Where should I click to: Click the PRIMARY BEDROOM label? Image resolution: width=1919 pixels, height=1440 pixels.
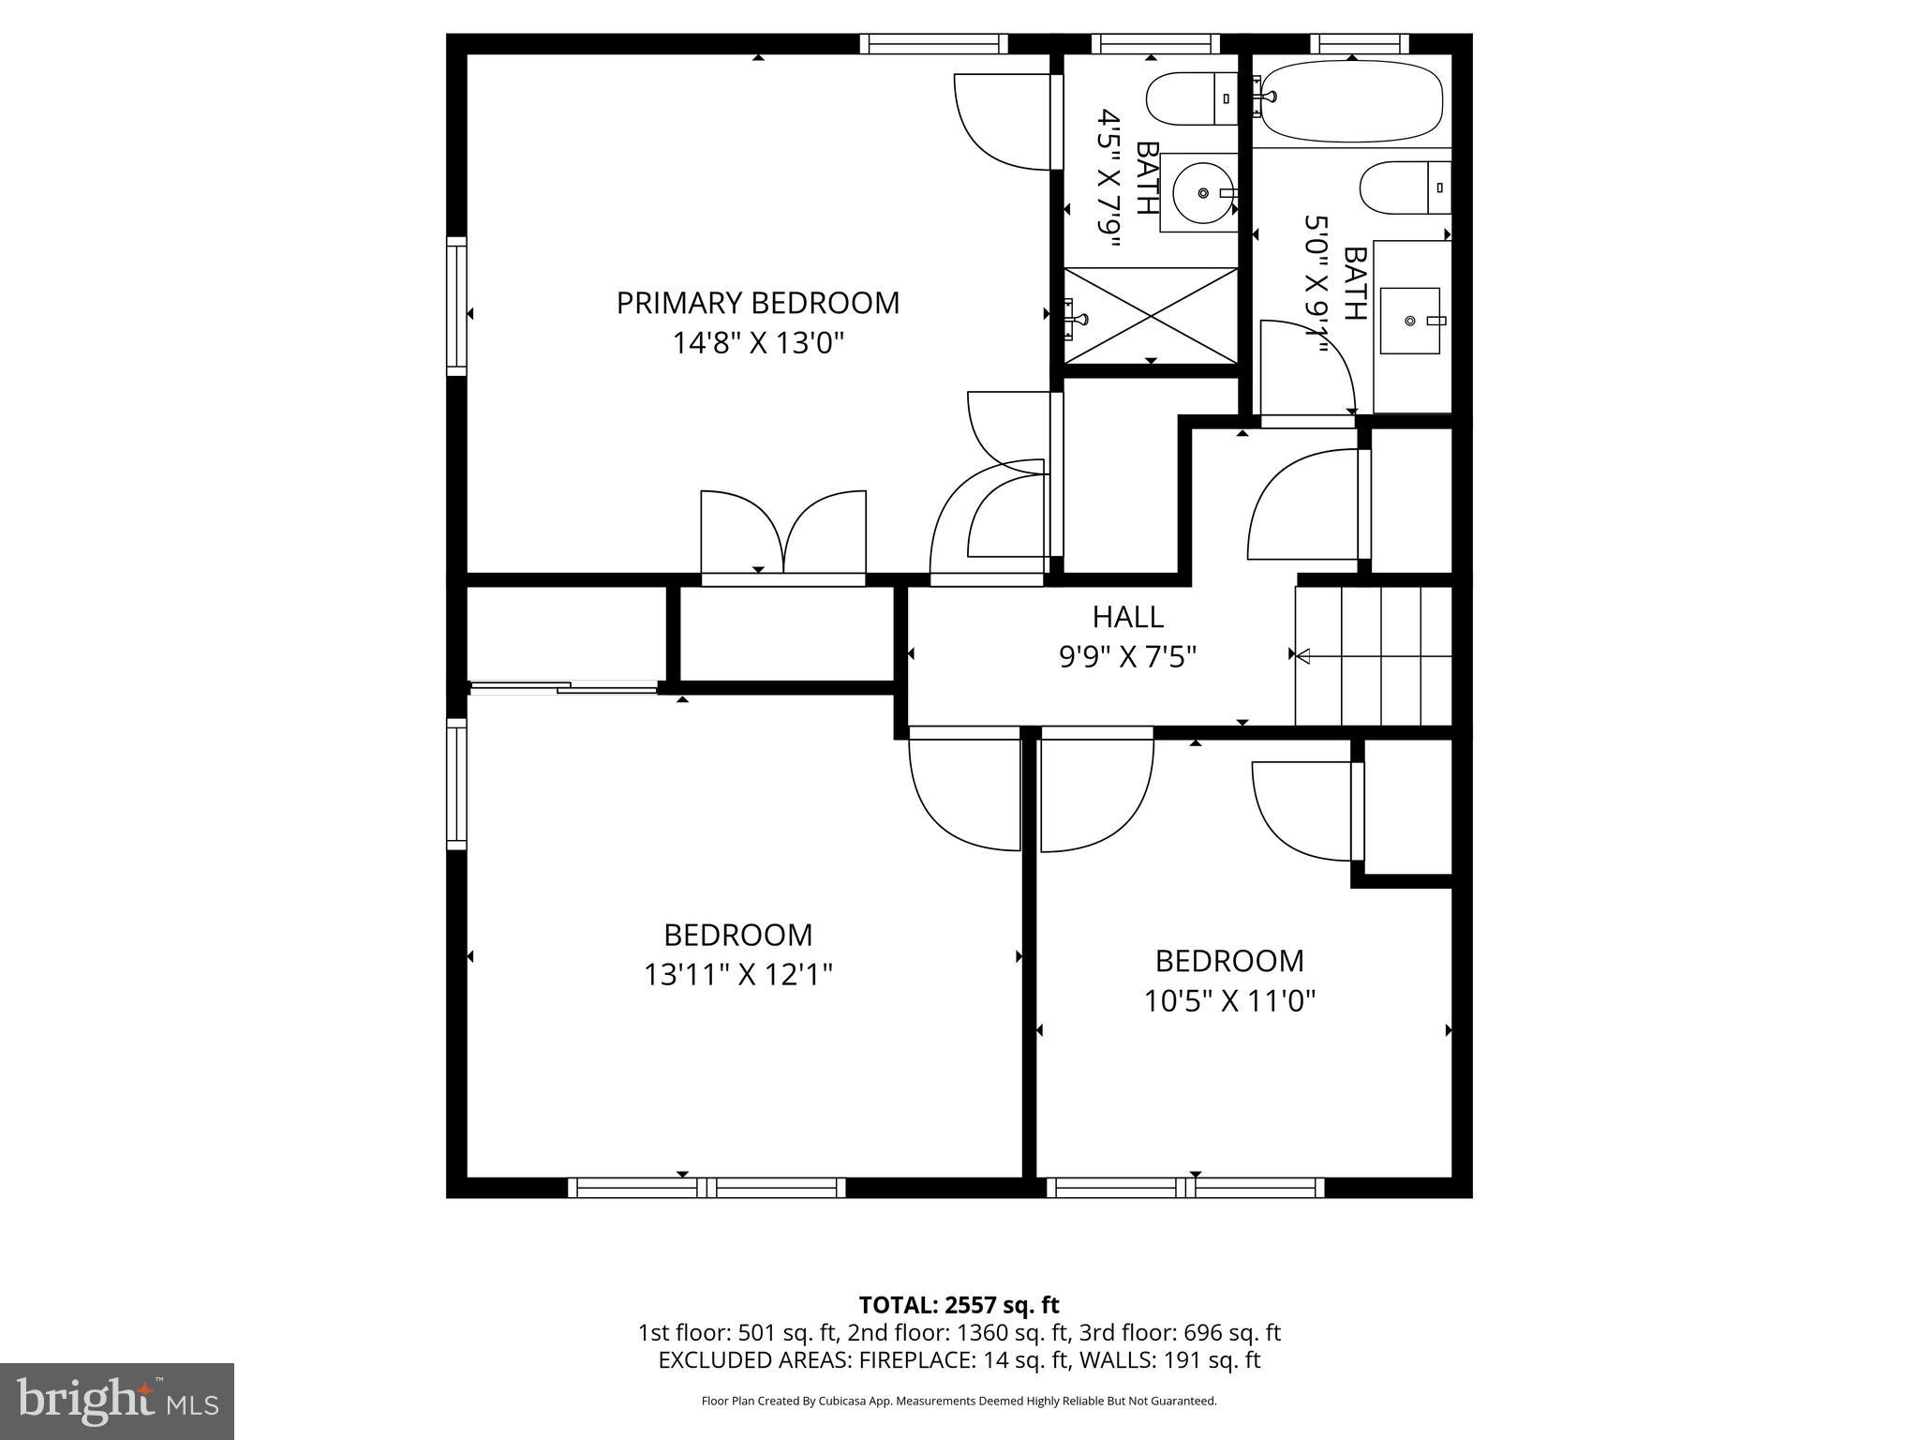point(757,303)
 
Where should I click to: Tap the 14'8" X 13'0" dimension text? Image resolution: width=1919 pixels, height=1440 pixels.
point(757,343)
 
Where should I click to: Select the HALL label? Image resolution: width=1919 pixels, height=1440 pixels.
point(1127,617)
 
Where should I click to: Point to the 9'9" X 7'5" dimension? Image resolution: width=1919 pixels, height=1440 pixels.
point(1127,657)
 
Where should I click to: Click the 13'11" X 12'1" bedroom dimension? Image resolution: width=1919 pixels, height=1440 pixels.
point(737,975)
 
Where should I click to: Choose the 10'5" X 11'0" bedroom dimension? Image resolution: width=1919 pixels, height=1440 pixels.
point(1229,1001)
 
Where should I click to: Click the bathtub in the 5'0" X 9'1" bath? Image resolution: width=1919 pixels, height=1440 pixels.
point(1349,101)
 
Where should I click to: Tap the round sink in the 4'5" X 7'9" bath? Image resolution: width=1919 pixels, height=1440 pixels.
point(1202,193)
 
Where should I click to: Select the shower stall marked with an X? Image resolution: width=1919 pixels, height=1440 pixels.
point(1151,315)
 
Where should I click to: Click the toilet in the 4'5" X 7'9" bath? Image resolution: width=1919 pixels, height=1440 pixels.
point(1190,99)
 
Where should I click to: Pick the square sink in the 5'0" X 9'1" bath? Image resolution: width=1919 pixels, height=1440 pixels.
point(1410,321)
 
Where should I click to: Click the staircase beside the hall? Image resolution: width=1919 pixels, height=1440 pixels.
point(1374,655)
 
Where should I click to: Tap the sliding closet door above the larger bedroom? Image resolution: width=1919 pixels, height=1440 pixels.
point(563,689)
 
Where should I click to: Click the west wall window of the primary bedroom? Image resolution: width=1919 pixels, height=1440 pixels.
point(456,307)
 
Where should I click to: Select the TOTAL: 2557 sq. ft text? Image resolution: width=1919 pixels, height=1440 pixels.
point(959,1305)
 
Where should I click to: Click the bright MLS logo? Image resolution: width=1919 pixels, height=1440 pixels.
point(117,1401)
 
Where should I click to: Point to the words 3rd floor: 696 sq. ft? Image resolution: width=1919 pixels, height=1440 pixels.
point(1180,1332)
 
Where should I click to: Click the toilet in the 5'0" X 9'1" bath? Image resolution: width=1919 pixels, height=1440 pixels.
point(1404,187)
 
